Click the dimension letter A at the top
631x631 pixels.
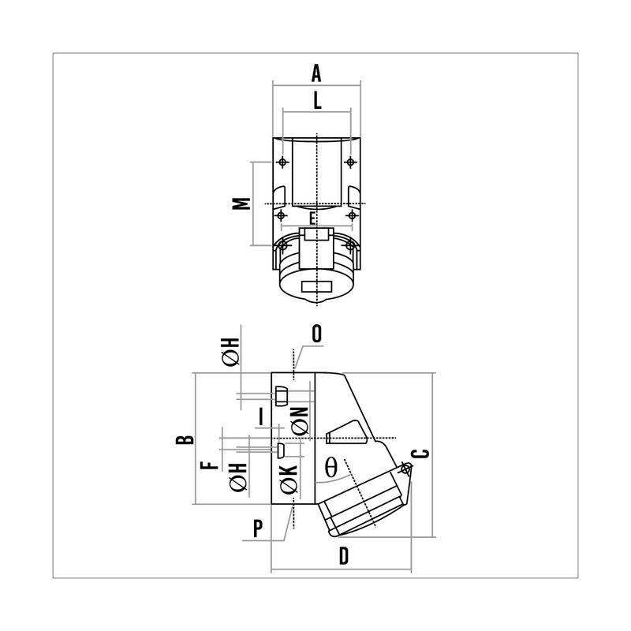316,73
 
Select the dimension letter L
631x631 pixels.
318,100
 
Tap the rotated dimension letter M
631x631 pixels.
241,203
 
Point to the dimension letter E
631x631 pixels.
312,219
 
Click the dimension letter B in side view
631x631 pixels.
185,439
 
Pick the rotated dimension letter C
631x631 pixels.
421,454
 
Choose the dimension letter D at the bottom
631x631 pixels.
343,556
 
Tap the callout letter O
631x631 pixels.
317,334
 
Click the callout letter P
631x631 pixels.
258,528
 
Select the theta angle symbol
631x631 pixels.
330,467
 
